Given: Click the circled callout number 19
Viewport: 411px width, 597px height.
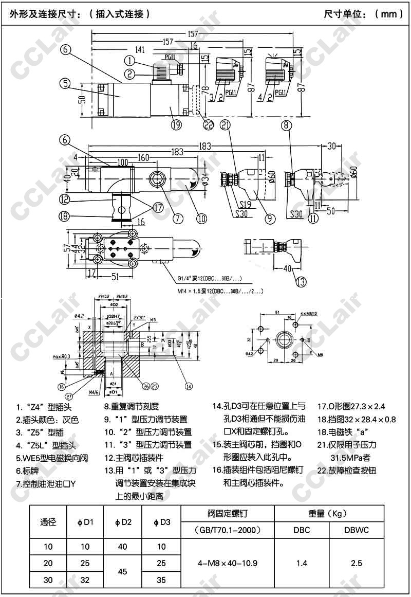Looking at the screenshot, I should click(x=176, y=124).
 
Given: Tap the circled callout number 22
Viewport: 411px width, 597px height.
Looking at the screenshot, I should click(x=208, y=124).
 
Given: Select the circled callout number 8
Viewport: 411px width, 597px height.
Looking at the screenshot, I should click(x=287, y=124).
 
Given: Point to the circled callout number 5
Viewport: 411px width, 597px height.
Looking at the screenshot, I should click(x=64, y=82).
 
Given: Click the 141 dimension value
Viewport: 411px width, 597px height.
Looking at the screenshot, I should click(x=139, y=49).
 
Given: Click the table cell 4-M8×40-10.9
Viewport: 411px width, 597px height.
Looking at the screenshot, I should click(x=228, y=563).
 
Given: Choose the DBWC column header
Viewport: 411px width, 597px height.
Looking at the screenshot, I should click(x=357, y=530).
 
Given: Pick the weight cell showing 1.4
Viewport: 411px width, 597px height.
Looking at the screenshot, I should click(x=302, y=563).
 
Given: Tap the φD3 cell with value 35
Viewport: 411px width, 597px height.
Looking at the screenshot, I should click(x=161, y=580).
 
